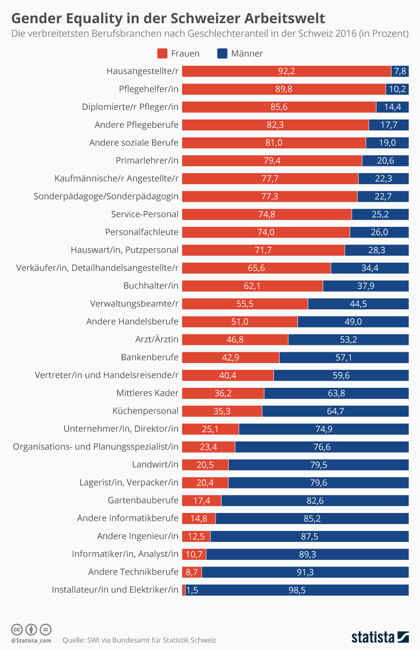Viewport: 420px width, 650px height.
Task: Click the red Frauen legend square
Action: pos(162,53)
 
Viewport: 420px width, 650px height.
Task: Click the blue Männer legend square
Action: pos(222,53)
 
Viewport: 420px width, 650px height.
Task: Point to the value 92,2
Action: pos(287,71)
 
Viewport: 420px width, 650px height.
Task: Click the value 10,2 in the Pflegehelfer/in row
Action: pos(397,89)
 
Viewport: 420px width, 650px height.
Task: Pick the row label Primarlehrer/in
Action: pos(147,161)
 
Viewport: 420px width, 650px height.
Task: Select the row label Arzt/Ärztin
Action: pos(157,339)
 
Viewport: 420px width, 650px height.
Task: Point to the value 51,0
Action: pos(240,322)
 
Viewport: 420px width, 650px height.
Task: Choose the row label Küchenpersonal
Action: pos(145,411)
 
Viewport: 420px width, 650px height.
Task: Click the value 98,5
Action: pos(297,590)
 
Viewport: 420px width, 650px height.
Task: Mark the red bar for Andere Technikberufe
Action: pos(192,572)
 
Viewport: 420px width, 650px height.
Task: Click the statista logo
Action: pos(380,637)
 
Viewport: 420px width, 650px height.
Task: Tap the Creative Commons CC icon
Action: pos(17,629)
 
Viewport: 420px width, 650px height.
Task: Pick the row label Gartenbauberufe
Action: pos(143,500)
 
